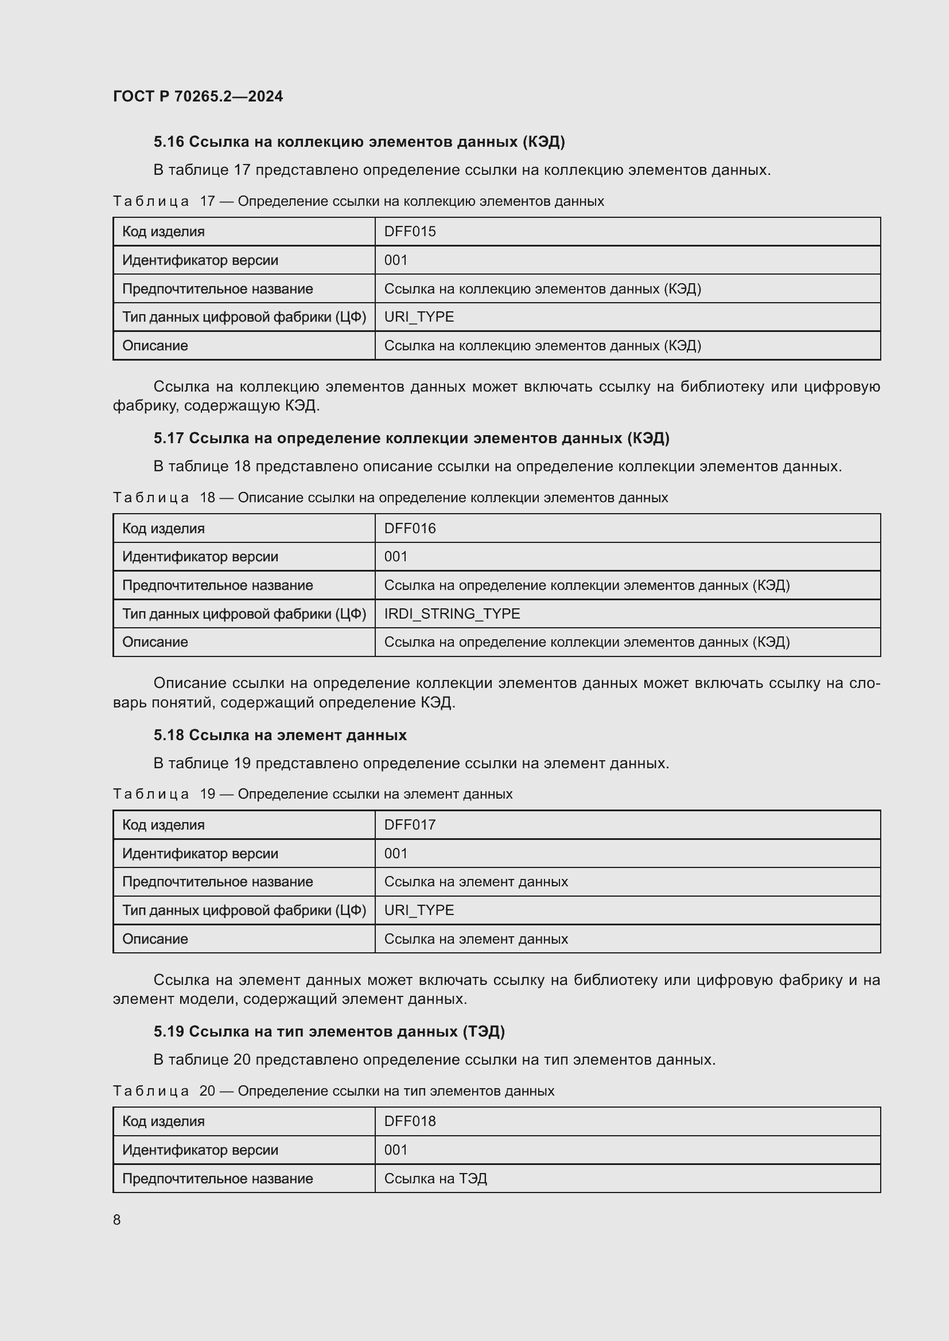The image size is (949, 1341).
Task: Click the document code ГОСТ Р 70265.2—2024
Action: click(197, 96)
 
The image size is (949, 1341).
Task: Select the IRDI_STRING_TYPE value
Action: click(452, 613)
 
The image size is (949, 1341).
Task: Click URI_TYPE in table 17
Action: click(419, 316)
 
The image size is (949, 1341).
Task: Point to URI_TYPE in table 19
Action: click(419, 910)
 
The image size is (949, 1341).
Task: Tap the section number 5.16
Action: click(168, 142)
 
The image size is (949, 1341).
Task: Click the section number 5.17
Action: click(168, 438)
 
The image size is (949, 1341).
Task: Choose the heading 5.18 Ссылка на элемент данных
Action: click(280, 735)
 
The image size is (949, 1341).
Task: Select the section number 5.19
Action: click(168, 1031)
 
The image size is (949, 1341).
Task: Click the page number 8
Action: click(117, 1219)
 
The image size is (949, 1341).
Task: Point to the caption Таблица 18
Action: click(165, 498)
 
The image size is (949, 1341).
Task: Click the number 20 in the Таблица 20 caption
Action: click(208, 1090)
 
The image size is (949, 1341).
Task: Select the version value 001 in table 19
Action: click(396, 853)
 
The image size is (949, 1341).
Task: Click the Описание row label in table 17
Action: click(155, 345)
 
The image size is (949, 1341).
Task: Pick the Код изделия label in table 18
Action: click(163, 528)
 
